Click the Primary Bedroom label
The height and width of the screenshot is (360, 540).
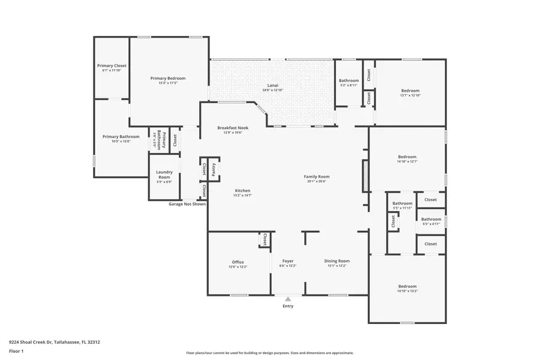click(168, 78)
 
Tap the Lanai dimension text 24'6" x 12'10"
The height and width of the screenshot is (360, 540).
click(273, 90)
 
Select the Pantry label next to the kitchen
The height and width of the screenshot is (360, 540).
click(214, 169)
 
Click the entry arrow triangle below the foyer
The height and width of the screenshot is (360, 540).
click(288, 298)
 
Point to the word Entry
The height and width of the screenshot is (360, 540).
click(288, 306)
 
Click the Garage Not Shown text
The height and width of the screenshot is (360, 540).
click(187, 204)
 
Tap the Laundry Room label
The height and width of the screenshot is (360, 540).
click(164, 175)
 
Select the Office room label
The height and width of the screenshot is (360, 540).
click(238, 262)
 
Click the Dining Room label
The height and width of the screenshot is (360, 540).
click(337, 261)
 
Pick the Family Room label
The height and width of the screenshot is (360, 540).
click(316, 176)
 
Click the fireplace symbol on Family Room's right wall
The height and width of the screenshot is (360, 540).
click(365, 176)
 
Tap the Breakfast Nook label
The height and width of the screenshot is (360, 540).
click(233, 127)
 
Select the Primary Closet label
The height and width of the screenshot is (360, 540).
click(112, 65)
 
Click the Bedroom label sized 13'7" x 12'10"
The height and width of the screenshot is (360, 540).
click(410, 91)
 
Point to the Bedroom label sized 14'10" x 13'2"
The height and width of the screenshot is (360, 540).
click(407, 286)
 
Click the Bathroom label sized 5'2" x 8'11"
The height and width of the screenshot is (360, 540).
click(349, 80)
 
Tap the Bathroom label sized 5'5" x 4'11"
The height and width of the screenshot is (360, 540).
click(431, 219)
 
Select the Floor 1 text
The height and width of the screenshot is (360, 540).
click(16, 351)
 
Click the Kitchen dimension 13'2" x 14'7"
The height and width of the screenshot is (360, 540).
click(242, 195)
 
